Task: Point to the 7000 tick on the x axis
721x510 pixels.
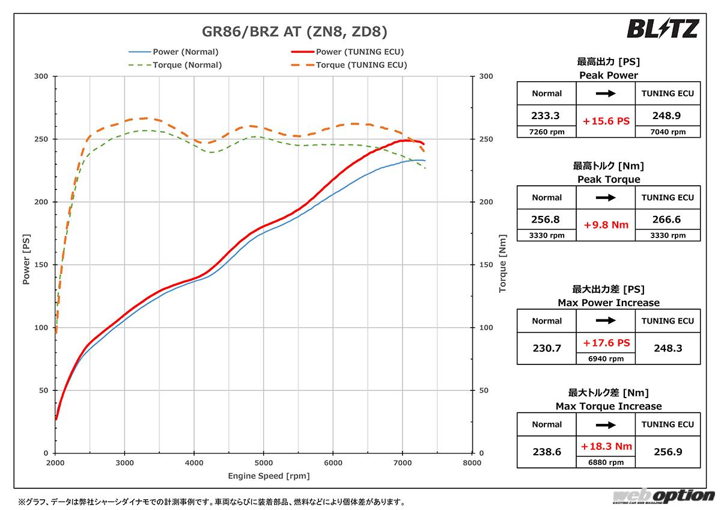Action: point(403,464)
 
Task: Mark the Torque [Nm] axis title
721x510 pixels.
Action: point(502,265)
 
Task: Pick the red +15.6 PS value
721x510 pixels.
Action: point(606,121)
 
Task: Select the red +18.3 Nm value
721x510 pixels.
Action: point(606,446)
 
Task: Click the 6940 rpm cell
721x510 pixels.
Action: point(606,358)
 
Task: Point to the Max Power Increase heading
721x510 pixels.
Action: point(609,303)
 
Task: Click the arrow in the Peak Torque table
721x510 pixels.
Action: point(606,197)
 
